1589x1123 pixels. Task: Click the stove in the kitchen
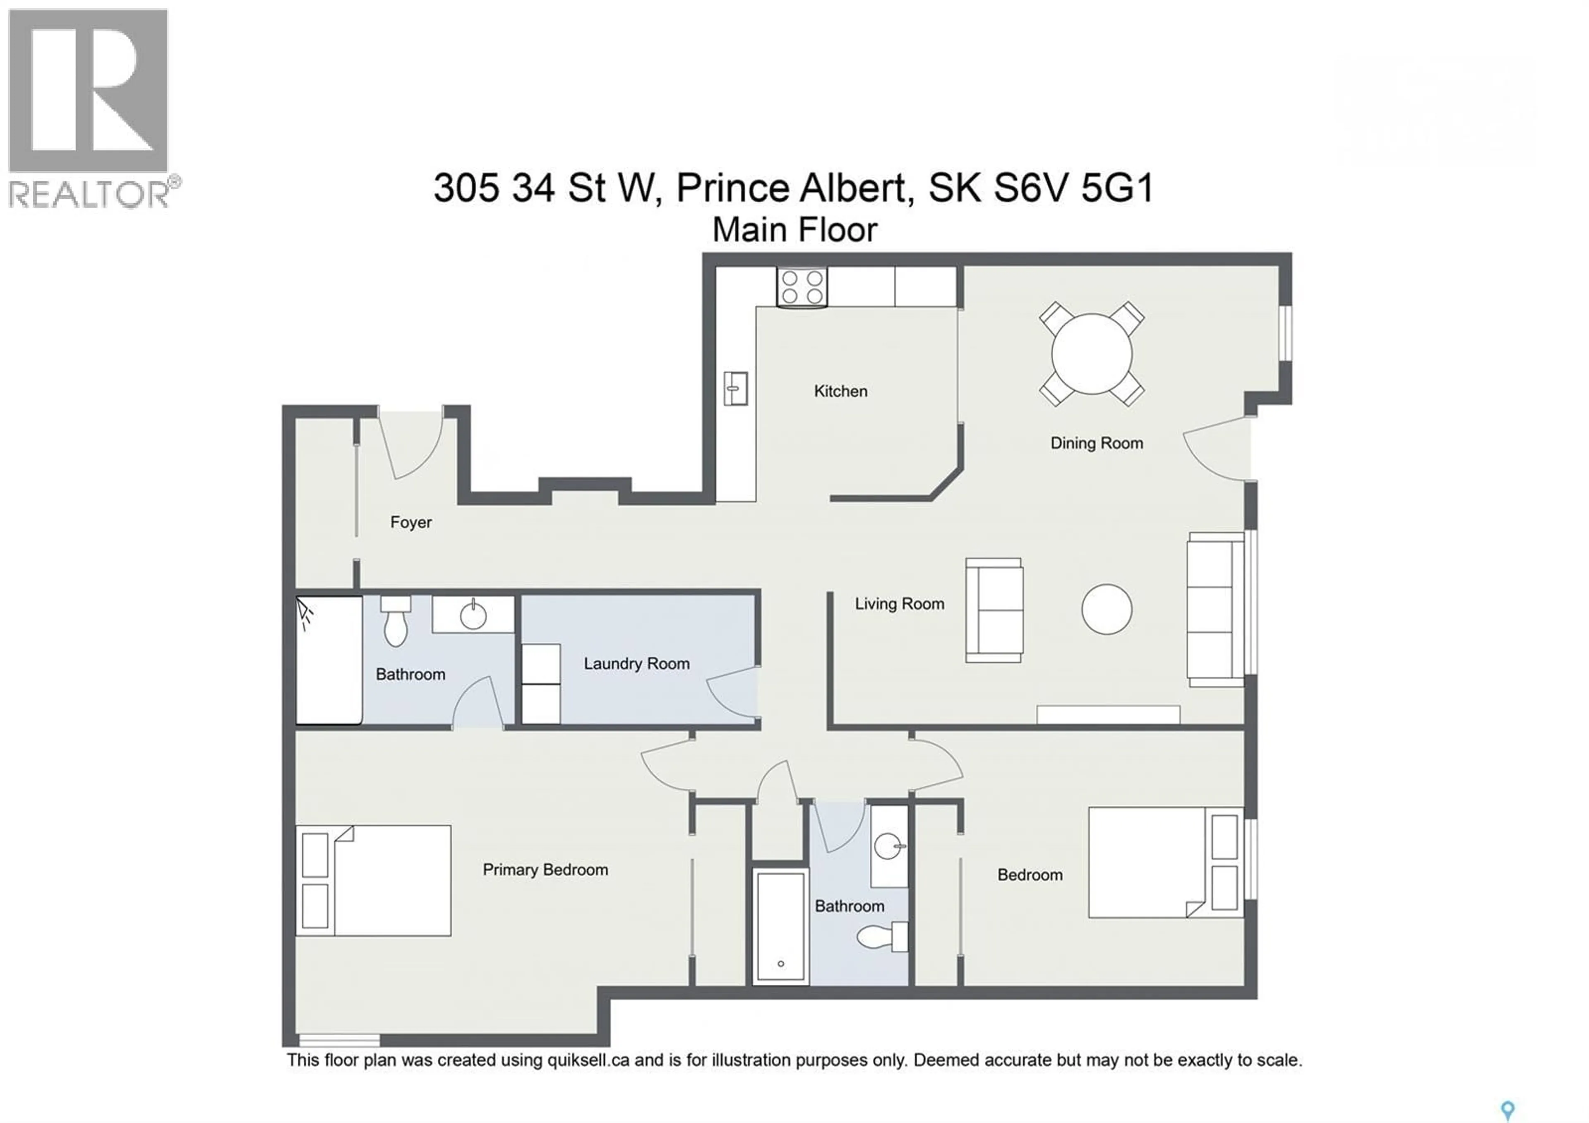click(x=802, y=287)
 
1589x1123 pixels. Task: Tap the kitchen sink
click(x=735, y=388)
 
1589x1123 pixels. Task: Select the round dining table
click(x=1091, y=354)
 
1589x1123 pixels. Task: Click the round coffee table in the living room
click(x=1107, y=609)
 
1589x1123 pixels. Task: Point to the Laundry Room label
click(x=636, y=663)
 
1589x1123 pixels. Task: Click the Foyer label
click(x=410, y=522)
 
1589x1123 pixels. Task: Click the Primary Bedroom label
click(x=545, y=870)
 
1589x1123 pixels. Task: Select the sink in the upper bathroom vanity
click(x=473, y=615)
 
